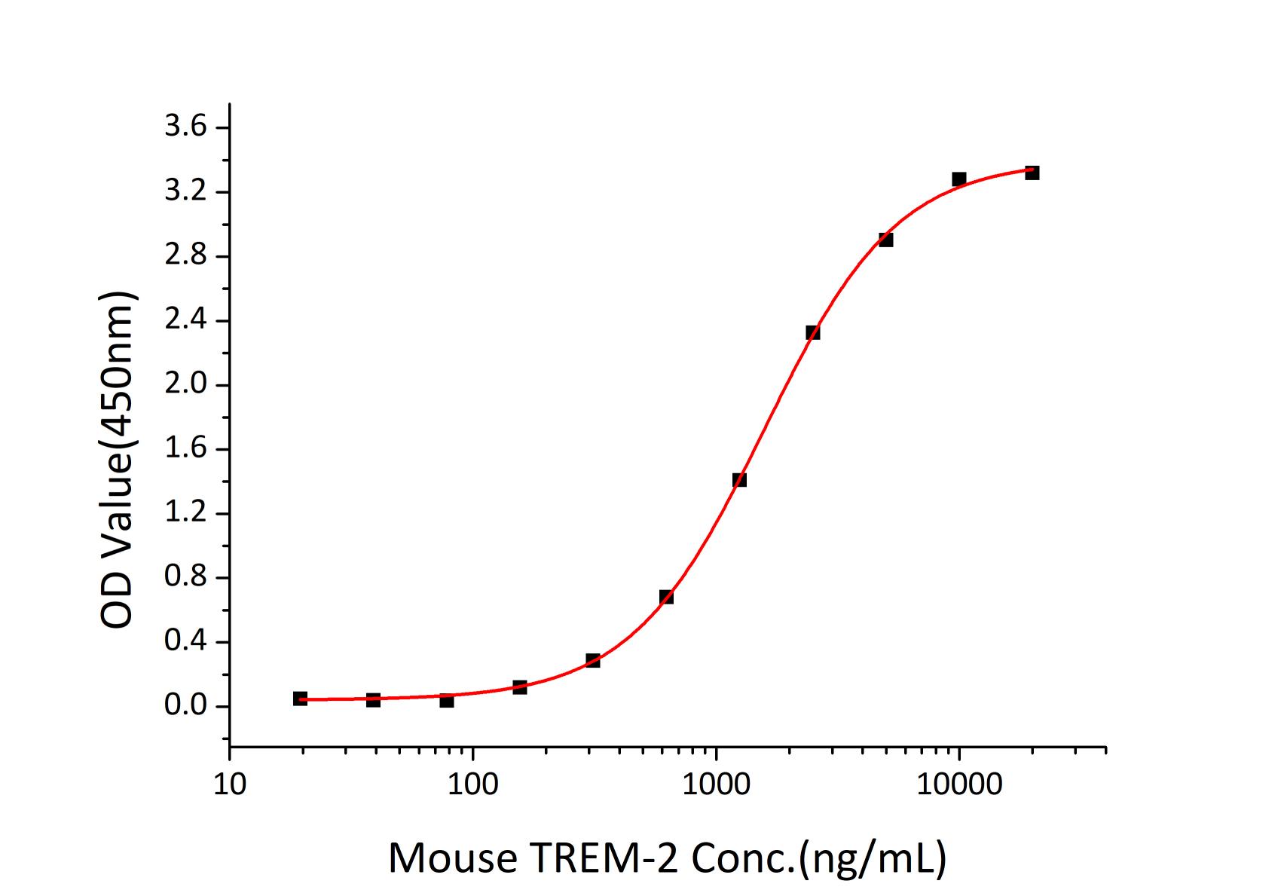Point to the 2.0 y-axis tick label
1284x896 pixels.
pyautogui.click(x=185, y=384)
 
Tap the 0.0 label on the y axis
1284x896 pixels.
pyautogui.click(x=185, y=706)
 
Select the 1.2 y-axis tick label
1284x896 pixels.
pyautogui.click(x=185, y=513)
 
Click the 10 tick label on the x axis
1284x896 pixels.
pyautogui.click(x=229, y=786)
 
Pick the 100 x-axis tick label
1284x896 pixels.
pyautogui.click(x=472, y=786)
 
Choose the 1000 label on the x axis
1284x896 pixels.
pyautogui.click(x=716, y=786)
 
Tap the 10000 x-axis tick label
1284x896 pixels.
pyautogui.click(x=958, y=786)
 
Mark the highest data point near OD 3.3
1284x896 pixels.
pyautogui.click(x=1032, y=173)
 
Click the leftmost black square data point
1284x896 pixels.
pyautogui.click(x=300, y=699)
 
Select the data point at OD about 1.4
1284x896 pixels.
pyautogui.click(x=739, y=479)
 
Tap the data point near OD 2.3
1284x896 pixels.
pyautogui.click(x=812, y=332)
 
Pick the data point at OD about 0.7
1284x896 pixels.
pyautogui.click(x=666, y=597)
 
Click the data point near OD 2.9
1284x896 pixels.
pyautogui.click(x=885, y=240)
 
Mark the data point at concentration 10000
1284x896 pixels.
pyautogui.click(x=958, y=179)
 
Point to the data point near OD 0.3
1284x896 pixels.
pyautogui.click(x=593, y=660)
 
